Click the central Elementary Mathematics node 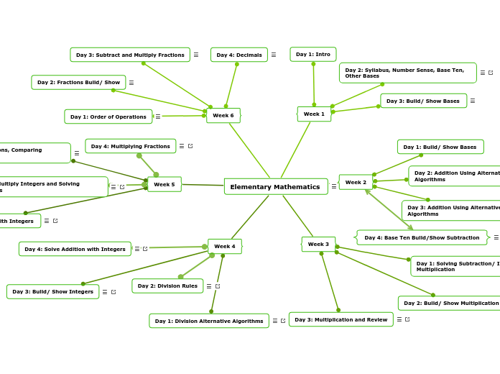pyautogui.click(x=275, y=187)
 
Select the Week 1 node pyautogui.click(x=314, y=114)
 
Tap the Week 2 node pyautogui.click(x=356, y=182)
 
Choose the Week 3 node pyautogui.click(x=318, y=244)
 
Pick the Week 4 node pyautogui.click(x=224, y=246)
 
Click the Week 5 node pyautogui.click(x=164, y=184)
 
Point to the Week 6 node pyautogui.click(x=223, y=115)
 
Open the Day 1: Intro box pyautogui.click(x=312, y=54)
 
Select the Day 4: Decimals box pyautogui.click(x=239, y=55)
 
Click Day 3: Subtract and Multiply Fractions pyautogui.click(x=130, y=55)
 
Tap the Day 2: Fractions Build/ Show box pyautogui.click(x=78, y=83)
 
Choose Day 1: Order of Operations pyautogui.click(x=108, y=117)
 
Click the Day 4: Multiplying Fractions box pyautogui.click(x=130, y=146)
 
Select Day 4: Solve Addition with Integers pyautogui.click(x=75, y=249)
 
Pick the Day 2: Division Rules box pyautogui.click(x=167, y=286)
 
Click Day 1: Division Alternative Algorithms pyautogui.click(x=208, y=321)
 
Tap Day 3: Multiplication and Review pyautogui.click(x=341, y=319)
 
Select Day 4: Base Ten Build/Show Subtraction pyautogui.click(x=422, y=237)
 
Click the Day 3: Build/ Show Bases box pyautogui.click(x=422, y=101)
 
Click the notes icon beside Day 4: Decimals pyautogui.click(x=274, y=55)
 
